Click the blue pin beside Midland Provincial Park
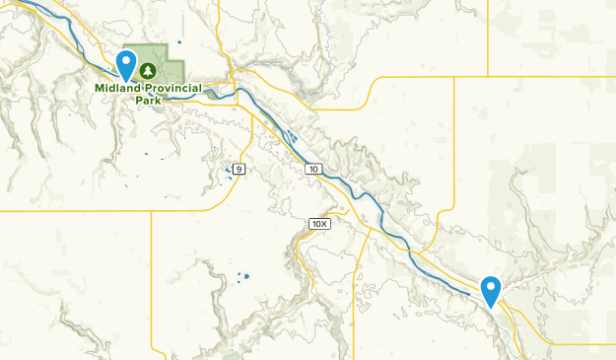pos(126,63)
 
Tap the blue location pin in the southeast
pos(491,288)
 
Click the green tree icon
pos(148,71)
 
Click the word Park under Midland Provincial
pos(147,100)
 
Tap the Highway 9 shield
pos(239,170)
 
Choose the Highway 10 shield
pos(312,170)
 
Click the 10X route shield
pos(318,224)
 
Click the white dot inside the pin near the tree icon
pos(126,60)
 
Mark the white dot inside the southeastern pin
pos(491,285)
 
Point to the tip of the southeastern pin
pos(491,306)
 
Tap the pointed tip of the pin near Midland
pos(126,81)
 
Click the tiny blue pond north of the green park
pos(179,42)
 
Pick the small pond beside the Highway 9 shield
pos(229,169)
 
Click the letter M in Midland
pos(100,88)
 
